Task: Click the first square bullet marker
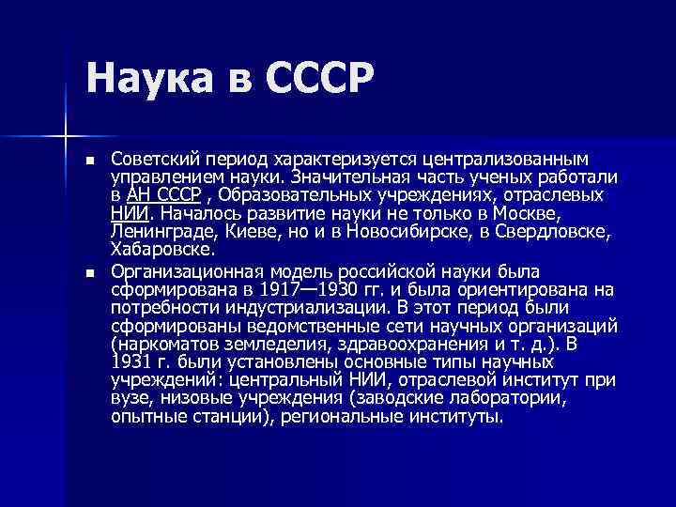[x=90, y=161]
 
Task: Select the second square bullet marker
[x=90, y=273]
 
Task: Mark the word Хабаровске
[x=161, y=250]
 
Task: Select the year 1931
[x=129, y=361]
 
